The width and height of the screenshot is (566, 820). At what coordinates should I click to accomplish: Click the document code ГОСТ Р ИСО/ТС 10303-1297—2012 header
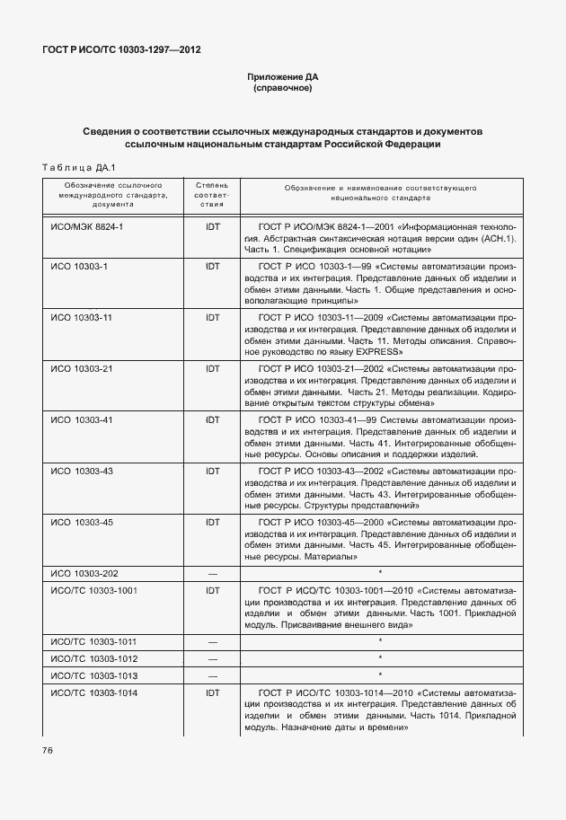click(121, 49)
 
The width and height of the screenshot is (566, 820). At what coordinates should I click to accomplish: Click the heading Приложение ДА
click(283, 77)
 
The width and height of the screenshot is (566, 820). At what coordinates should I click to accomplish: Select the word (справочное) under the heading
click(283, 89)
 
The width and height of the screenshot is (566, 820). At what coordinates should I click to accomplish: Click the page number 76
click(47, 750)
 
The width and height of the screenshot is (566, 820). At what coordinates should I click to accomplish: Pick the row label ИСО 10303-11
click(82, 318)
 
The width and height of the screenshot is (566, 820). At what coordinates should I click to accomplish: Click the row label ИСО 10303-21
click(82, 369)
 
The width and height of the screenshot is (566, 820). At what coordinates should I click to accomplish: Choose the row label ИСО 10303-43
click(82, 471)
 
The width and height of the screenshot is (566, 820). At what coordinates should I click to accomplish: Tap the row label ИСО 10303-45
click(82, 521)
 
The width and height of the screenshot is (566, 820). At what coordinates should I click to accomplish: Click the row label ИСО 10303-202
click(84, 572)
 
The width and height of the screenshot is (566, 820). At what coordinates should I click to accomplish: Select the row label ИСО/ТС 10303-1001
click(94, 590)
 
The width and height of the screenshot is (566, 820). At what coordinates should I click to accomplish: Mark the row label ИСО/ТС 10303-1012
click(94, 657)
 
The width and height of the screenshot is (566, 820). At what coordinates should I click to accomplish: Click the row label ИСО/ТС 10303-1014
click(94, 692)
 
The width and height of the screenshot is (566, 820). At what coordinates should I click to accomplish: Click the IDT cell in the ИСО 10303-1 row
click(213, 267)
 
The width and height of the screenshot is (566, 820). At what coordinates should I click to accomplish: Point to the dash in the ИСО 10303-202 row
click(213, 572)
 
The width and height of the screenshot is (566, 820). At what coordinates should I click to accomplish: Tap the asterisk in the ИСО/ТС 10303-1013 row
click(380, 675)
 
